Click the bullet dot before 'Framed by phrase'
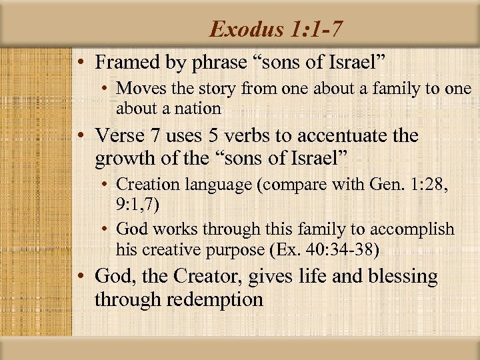pyautogui.click(x=80, y=63)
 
